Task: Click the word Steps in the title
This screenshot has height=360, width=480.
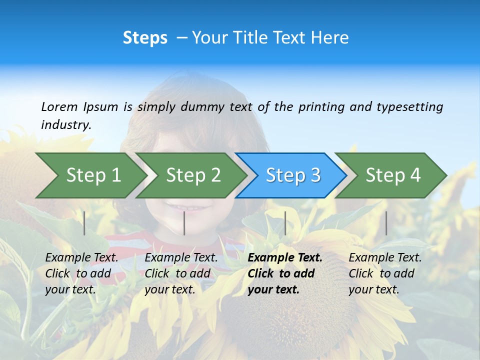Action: (145, 38)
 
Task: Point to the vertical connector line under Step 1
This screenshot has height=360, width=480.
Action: (84, 223)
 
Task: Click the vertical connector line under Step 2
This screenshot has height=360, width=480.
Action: (184, 223)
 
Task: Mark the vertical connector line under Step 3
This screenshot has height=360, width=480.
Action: (285, 223)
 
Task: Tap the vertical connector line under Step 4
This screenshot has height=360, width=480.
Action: (386, 223)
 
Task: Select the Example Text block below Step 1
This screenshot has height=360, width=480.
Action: (81, 273)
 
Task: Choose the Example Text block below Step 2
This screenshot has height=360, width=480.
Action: (181, 273)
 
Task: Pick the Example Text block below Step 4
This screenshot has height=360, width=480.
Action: (385, 273)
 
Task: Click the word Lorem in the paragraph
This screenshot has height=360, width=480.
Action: (59, 106)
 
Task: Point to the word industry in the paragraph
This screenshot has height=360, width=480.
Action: (65, 124)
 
